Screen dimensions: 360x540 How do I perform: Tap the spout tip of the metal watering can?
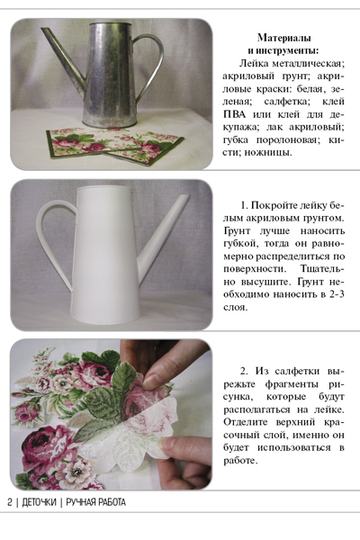point(43,30)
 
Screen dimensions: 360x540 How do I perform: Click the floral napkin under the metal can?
point(115,146)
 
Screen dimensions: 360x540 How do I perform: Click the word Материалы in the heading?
point(284,38)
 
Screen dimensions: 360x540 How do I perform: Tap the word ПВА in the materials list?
point(235,114)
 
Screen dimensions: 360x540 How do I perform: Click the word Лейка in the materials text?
point(254,63)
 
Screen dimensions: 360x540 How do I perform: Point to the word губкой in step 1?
point(242,244)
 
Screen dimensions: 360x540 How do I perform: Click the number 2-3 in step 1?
point(336,294)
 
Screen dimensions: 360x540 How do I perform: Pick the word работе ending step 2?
point(240,461)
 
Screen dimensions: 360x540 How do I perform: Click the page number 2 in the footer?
point(10,502)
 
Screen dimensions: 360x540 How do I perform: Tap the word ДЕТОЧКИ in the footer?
point(39,502)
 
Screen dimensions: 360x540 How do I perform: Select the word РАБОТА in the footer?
point(112,502)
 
